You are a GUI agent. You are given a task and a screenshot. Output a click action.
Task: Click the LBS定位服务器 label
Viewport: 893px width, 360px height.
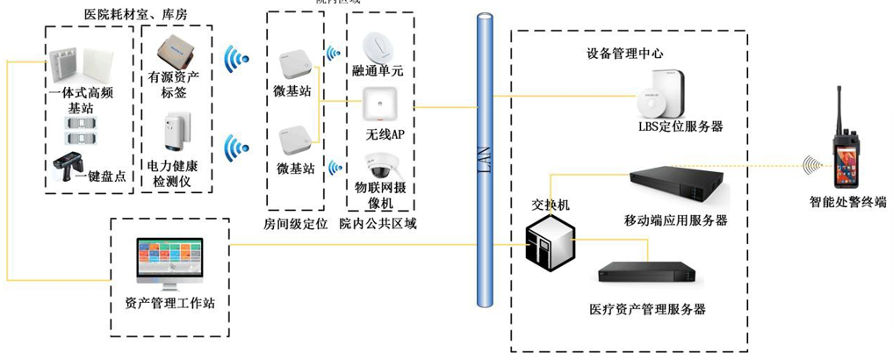tap(681, 127)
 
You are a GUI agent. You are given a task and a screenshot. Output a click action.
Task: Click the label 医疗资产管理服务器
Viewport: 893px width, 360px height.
tap(649, 309)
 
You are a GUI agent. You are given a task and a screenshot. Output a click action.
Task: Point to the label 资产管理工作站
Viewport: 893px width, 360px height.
tap(170, 304)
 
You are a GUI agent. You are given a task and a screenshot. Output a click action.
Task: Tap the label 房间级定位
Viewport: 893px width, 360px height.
tap(296, 223)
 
